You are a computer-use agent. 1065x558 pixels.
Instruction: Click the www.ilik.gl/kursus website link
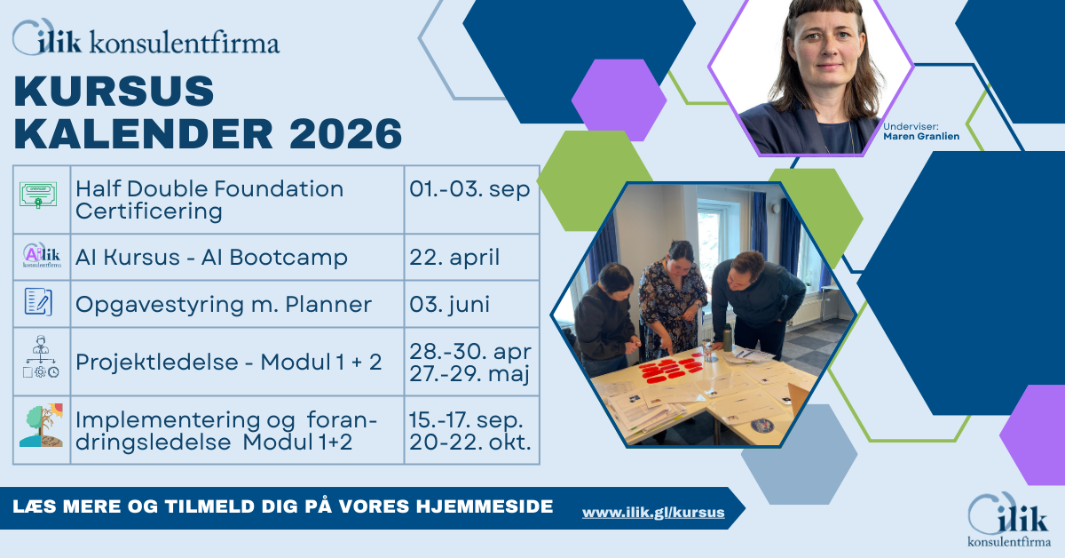[x=653, y=513]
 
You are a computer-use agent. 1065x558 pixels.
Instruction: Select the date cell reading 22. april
[x=471, y=257]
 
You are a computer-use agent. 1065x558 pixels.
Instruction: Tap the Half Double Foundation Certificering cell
[x=237, y=200]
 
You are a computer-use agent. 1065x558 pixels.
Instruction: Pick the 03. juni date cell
[x=471, y=304]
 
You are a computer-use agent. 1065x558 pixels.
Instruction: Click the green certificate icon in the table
[x=38, y=195]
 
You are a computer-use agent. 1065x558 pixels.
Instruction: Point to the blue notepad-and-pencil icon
[x=38, y=301]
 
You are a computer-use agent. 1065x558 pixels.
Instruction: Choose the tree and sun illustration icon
[x=42, y=426]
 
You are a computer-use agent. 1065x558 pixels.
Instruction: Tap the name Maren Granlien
[x=921, y=136]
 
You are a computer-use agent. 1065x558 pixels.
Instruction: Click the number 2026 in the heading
[x=345, y=134]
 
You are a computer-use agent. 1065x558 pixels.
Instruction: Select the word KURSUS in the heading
[x=114, y=91]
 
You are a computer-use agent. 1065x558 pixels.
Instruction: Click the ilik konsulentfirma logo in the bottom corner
[x=1009, y=520]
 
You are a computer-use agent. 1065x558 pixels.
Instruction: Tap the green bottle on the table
[x=727, y=337]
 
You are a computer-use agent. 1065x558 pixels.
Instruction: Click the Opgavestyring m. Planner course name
[x=224, y=305]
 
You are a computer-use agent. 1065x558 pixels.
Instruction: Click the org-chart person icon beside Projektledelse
[x=41, y=357]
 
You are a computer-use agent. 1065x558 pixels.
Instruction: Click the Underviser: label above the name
[x=911, y=127]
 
